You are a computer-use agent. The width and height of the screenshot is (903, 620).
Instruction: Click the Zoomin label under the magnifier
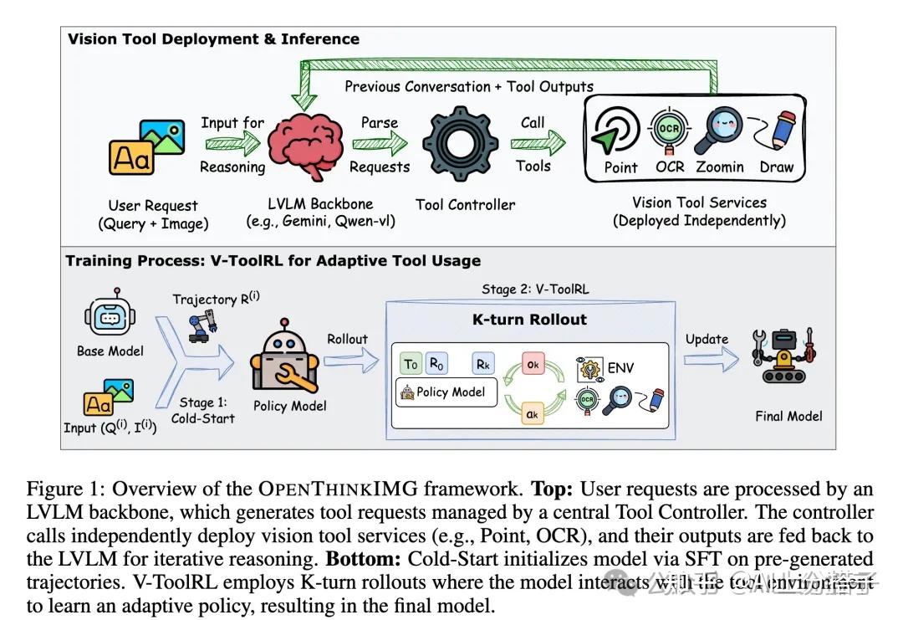(x=719, y=167)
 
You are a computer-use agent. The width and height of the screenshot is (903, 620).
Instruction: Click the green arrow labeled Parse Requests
(x=379, y=144)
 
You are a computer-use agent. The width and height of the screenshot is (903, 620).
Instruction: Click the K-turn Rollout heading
(x=531, y=320)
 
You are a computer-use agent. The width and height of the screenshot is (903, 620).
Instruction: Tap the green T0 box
(x=411, y=364)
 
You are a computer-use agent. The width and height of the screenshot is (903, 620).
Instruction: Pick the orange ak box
(x=533, y=412)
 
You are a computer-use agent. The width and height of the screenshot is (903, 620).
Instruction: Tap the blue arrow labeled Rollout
(x=349, y=359)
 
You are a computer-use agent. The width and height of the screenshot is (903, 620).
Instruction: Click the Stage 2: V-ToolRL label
(x=535, y=290)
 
